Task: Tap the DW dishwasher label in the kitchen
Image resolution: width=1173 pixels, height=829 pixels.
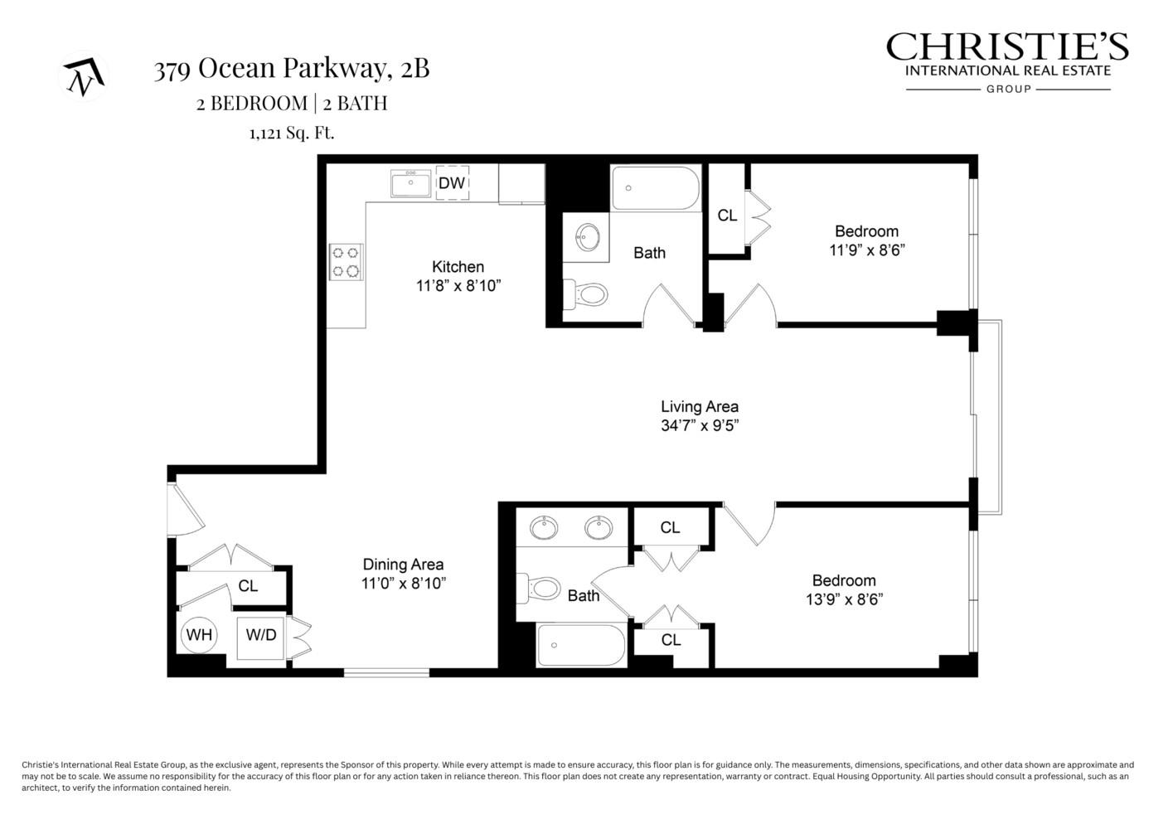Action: click(x=452, y=183)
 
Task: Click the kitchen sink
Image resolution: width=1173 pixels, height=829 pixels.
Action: click(x=410, y=183)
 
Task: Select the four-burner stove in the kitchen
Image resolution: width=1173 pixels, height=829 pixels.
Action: click(x=347, y=262)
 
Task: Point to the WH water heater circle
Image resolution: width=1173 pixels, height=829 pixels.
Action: click(x=199, y=635)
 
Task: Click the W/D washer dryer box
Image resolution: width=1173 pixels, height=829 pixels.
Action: click(x=261, y=635)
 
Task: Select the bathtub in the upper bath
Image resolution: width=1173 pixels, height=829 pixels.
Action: click(x=656, y=188)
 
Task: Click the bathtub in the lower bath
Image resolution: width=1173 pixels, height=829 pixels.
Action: click(x=581, y=645)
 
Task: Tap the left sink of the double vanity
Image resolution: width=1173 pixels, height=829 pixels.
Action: click(x=543, y=527)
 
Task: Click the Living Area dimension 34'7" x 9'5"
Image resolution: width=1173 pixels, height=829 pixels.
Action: click(x=699, y=426)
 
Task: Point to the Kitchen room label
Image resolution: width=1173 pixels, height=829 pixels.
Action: click(x=458, y=267)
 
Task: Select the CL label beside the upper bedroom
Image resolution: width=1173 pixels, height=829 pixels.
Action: click(x=727, y=216)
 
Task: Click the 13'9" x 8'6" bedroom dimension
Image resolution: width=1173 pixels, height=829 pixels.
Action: click(x=844, y=599)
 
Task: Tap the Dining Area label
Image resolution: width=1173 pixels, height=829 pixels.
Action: click(x=403, y=565)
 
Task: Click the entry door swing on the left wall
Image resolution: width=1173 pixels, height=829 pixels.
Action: click(x=184, y=512)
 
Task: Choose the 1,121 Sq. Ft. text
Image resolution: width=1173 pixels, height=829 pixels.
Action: click(x=292, y=133)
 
